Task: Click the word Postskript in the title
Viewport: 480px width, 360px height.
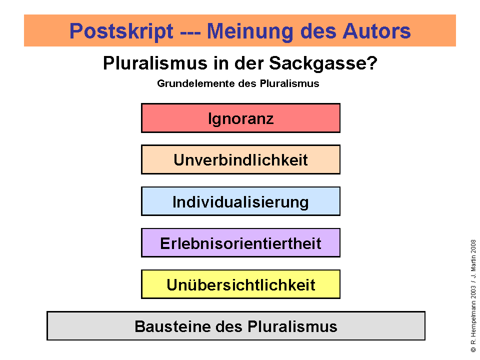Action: [121, 31]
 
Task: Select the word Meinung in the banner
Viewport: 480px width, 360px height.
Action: [250, 31]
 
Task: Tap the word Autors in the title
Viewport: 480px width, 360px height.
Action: [376, 31]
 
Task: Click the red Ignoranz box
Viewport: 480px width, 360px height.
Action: [240, 118]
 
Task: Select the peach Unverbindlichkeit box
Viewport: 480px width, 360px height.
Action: [240, 159]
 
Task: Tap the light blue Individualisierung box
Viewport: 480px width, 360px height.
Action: [240, 201]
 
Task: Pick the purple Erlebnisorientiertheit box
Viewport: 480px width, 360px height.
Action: [240, 243]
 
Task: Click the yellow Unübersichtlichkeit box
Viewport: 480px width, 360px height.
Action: [240, 284]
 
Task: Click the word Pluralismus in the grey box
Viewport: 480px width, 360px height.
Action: [292, 326]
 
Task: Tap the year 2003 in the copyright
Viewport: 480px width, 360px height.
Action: [473, 292]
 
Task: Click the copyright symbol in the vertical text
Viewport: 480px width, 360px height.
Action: [473, 349]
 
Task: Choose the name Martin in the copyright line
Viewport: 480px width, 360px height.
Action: [473, 263]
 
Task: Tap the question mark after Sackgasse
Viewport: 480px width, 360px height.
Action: [372, 63]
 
